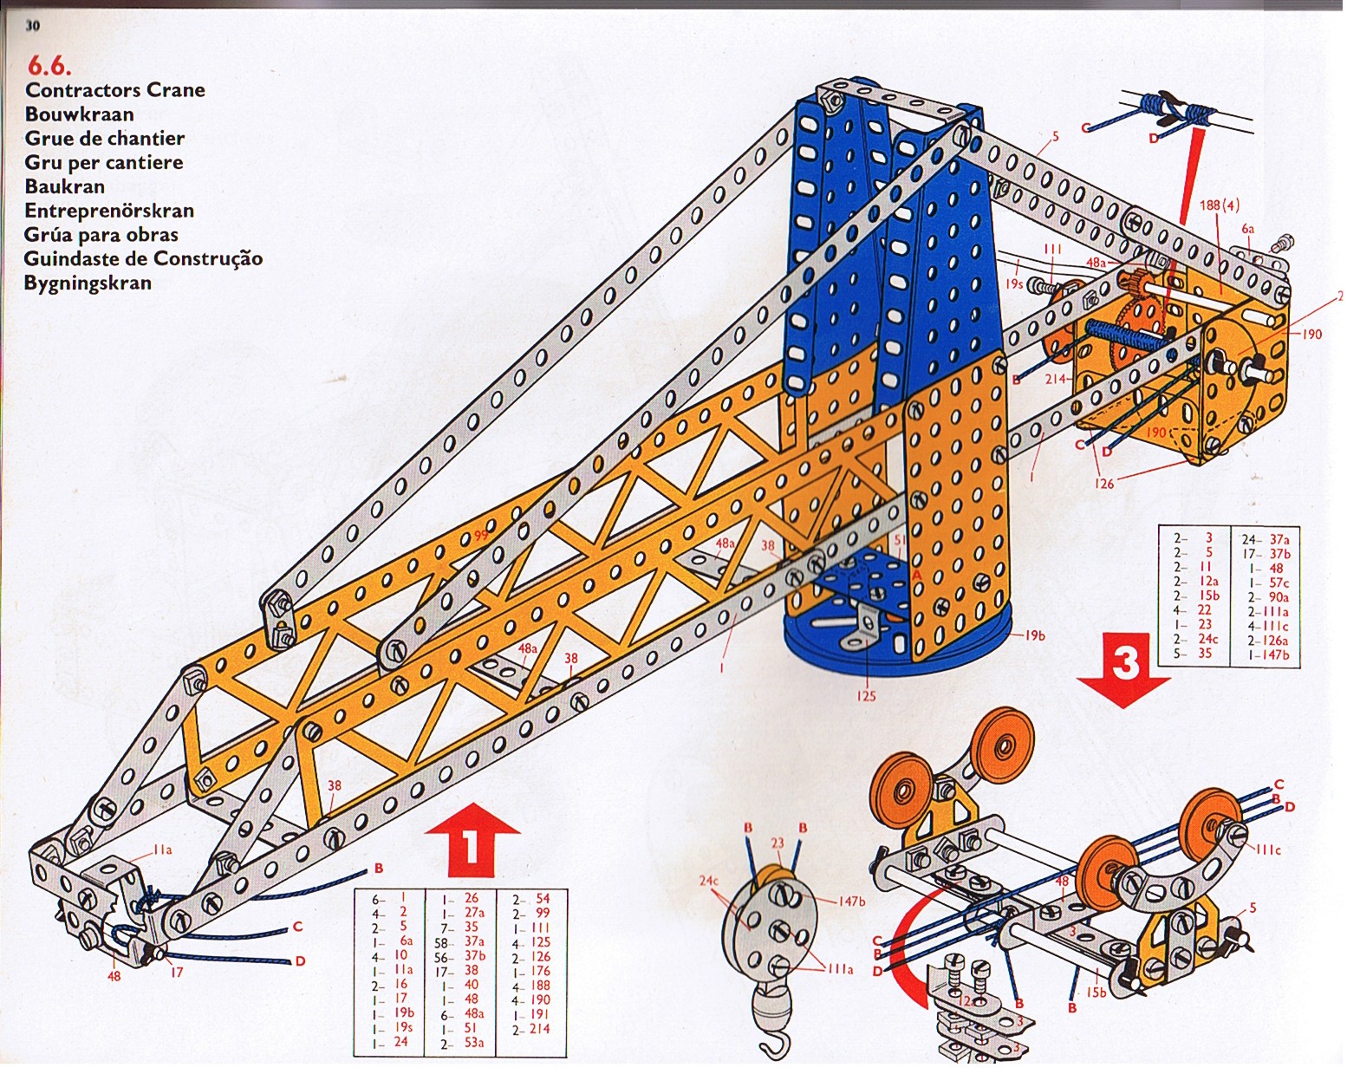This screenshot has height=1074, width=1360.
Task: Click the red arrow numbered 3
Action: click(1124, 668)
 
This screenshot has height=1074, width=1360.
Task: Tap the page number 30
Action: click(33, 25)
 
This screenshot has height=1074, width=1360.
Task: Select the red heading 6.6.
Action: click(49, 66)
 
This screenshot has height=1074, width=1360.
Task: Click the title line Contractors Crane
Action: click(115, 90)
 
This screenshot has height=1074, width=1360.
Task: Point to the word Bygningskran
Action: click(88, 283)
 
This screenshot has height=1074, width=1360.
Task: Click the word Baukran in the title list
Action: click(65, 186)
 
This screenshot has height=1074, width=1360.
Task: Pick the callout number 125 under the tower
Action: click(866, 695)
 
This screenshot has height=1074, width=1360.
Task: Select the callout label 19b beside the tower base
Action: click(1034, 635)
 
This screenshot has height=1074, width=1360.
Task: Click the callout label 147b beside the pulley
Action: click(851, 902)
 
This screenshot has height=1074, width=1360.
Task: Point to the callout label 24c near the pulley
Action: click(709, 882)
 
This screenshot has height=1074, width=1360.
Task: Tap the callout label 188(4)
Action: click(1220, 205)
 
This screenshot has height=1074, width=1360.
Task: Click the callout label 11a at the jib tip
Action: click(162, 850)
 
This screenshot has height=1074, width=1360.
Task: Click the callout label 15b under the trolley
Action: click(1096, 993)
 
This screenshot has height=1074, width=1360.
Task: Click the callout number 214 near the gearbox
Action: click(1055, 380)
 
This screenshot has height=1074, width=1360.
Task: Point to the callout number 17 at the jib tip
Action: click(177, 973)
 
